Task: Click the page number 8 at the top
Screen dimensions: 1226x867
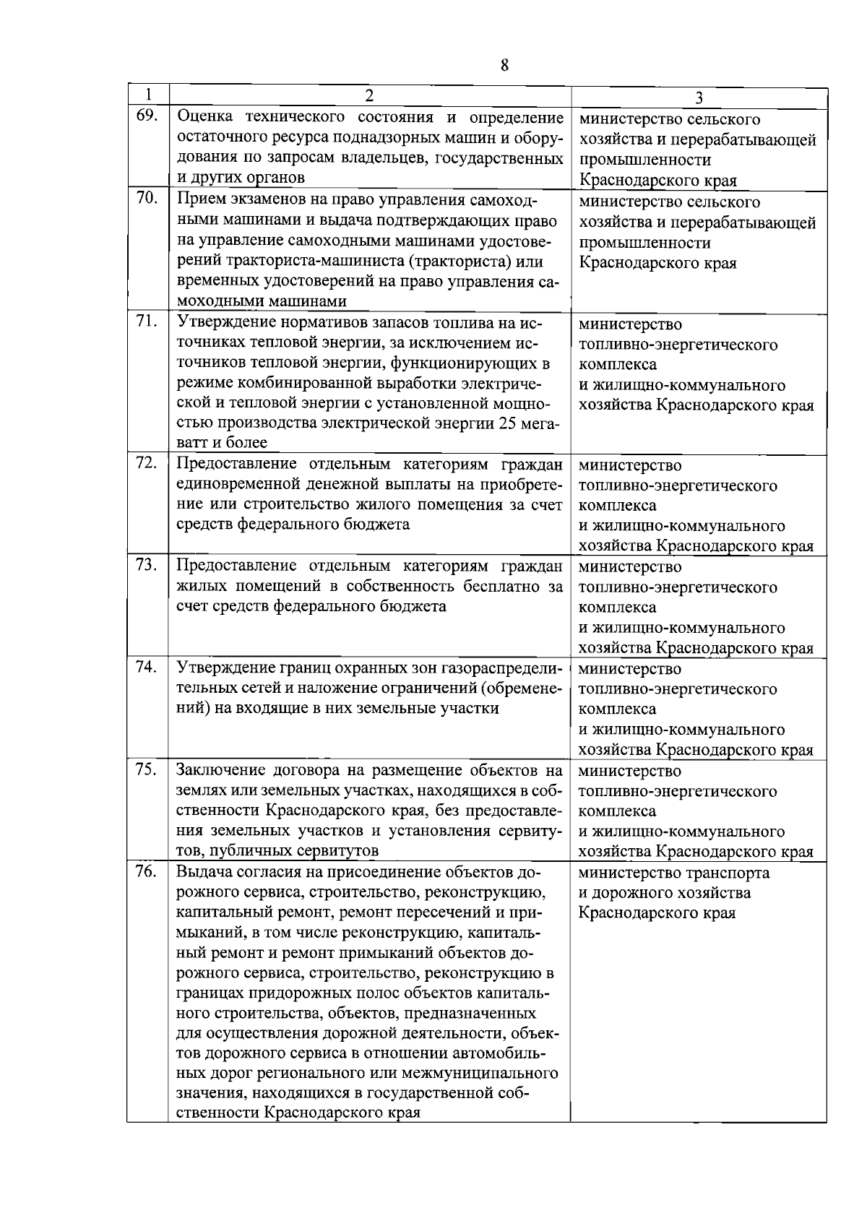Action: (x=504, y=65)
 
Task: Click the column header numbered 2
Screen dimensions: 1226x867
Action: (x=369, y=95)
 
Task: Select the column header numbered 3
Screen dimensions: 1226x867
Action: (x=699, y=98)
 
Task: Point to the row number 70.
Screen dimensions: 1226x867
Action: (x=147, y=198)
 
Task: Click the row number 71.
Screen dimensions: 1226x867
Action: (x=147, y=321)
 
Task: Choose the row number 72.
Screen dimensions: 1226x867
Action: (x=147, y=462)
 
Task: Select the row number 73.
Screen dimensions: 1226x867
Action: (x=147, y=564)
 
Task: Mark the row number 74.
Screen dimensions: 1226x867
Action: (x=147, y=667)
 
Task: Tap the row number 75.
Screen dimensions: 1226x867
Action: (x=147, y=769)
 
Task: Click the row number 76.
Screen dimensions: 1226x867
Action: (x=147, y=871)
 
